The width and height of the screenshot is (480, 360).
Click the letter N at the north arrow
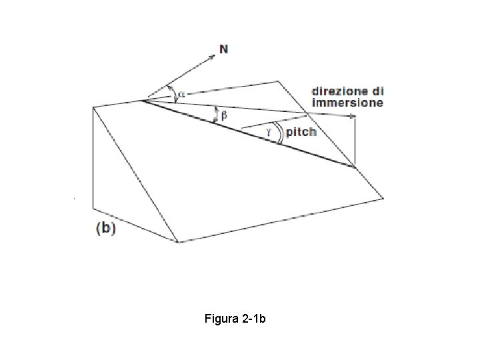point(224,49)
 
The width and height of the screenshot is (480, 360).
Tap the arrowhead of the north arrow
point(213,57)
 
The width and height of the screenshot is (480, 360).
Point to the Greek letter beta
point(224,116)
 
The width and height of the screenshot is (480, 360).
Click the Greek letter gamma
point(269,132)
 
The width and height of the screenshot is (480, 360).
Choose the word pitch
point(301,132)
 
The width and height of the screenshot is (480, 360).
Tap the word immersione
point(347,103)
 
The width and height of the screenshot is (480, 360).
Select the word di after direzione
point(378,91)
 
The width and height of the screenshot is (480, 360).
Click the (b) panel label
point(106,229)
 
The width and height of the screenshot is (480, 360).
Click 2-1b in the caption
point(254,319)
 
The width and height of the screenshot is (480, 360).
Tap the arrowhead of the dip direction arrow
point(353,116)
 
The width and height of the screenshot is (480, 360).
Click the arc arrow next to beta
point(217,115)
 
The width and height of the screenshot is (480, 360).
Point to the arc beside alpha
point(173,93)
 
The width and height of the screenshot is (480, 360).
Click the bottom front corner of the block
point(178,242)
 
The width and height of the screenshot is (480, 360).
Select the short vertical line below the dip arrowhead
point(355,142)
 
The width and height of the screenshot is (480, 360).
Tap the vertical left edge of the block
point(93,157)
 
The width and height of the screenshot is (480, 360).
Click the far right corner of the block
point(383,199)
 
